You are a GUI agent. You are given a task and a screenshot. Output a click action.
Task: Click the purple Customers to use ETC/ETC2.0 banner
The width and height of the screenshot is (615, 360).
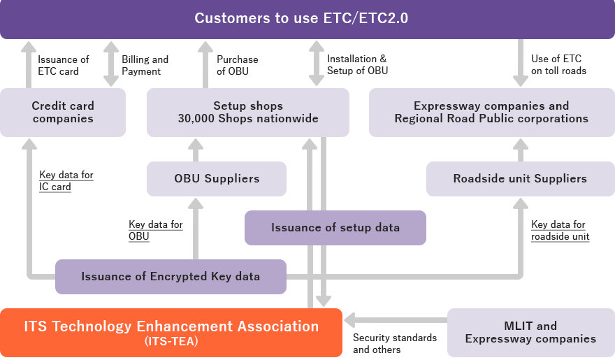(307, 19)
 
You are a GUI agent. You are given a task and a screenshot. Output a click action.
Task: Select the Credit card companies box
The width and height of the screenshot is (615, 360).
(63, 112)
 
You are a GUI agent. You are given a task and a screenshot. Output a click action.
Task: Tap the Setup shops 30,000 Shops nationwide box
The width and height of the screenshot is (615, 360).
(247, 112)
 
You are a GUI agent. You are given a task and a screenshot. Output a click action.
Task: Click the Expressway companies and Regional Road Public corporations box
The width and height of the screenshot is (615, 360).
(491, 112)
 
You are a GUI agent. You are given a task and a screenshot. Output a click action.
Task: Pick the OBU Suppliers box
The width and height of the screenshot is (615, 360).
(217, 178)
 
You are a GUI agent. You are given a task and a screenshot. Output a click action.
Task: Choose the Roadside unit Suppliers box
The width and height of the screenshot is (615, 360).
(520, 178)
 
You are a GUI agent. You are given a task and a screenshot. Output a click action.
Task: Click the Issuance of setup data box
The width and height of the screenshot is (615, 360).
(335, 227)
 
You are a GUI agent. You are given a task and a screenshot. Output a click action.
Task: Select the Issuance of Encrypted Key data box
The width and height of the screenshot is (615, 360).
(171, 276)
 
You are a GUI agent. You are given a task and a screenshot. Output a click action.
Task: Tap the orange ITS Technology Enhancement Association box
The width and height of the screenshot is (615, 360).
(171, 332)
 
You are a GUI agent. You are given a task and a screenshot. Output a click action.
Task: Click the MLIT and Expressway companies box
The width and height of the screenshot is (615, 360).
(530, 332)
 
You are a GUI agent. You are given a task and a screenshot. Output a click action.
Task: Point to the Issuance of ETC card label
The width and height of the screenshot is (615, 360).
(63, 65)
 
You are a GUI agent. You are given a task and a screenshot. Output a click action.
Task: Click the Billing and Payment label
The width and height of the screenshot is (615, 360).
(145, 65)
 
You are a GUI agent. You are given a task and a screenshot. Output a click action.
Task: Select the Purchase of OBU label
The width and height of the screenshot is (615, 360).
(237, 65)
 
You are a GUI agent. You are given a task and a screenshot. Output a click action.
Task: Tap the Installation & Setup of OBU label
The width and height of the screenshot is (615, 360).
(357, 65)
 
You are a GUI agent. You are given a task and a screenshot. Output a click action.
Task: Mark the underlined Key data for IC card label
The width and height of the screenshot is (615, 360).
(66, 180)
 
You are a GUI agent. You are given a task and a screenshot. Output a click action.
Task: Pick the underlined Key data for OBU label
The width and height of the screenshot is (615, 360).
(155, 230)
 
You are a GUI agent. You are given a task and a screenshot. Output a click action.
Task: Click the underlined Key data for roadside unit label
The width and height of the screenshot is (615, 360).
(560, 230)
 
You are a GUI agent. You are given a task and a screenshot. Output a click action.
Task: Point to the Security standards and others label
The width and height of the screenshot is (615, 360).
(394, 343)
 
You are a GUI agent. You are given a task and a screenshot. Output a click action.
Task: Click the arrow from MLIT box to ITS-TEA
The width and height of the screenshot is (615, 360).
(395, 321)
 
